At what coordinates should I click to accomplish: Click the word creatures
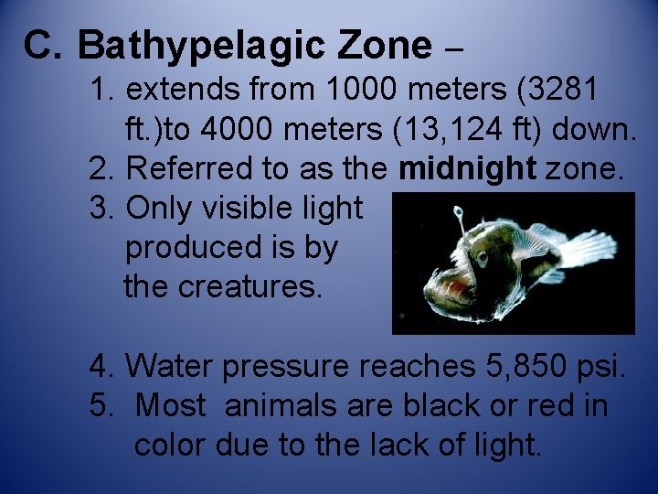coord(250,286)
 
